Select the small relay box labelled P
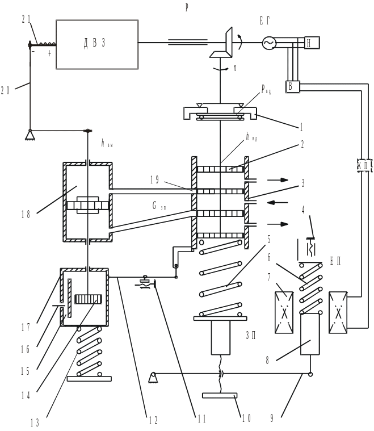point(292,87)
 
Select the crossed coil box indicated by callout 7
point(284,312)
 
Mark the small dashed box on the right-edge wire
point(363,165)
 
